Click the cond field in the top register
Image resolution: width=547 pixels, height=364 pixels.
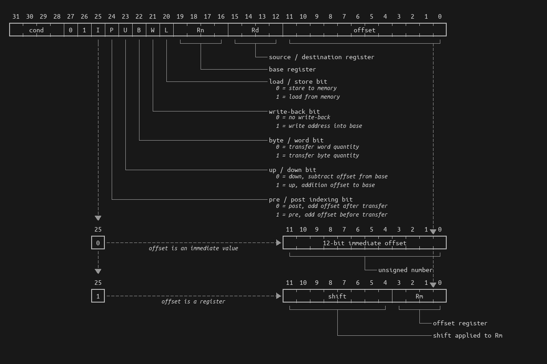(x=36, y=30)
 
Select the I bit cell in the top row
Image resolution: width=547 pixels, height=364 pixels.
(x=98, y=30)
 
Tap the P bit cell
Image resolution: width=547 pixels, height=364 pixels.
(x=112, y=30)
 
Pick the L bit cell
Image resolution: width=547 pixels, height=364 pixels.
(x=166, y=30)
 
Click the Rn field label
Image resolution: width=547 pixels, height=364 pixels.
(x=201, y=30)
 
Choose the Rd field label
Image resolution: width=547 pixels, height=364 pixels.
(x=255, y=30)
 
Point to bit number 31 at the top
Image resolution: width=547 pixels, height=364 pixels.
(x=16, y=17)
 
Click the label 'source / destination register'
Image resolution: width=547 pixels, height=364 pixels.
(x=321, y=57)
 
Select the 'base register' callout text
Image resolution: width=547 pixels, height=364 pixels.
(x=292, y=69)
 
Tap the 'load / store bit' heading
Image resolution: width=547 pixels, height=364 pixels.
(x=298, y=81)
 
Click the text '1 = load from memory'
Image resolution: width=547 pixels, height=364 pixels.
(x=308, y=96)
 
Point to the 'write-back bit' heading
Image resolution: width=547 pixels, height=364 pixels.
(x=294, y=111)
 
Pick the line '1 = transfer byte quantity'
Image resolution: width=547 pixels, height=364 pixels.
(x=317, y=155)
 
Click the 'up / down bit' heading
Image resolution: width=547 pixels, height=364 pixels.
(x=292, y=170)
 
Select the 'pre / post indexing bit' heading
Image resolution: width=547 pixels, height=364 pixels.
(x=310, y=199)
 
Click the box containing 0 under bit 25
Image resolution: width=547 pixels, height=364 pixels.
(x=98, y=243)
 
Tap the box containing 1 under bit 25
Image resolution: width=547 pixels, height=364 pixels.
(x=98, y=296)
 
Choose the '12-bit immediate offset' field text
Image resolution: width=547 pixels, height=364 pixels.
(x=364, y=243)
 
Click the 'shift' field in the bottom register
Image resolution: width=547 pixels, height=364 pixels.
(x=337, y=296)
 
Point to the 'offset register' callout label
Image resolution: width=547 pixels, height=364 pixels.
(x=460, y=323)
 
